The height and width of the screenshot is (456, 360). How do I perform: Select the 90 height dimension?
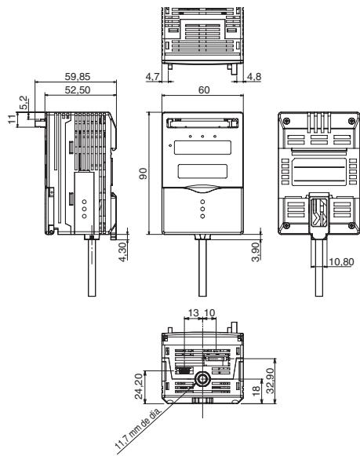coord(144,173)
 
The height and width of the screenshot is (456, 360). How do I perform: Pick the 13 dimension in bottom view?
coord(193,314)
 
